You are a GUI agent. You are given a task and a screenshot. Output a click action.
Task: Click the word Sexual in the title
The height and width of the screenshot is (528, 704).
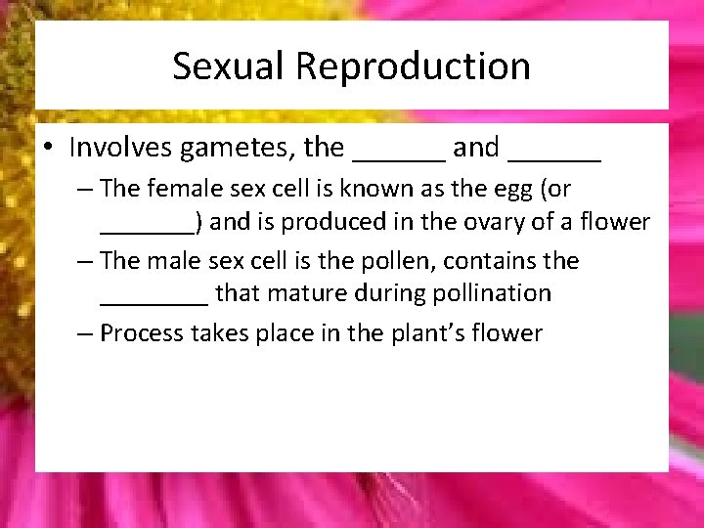click(x=229, y=66)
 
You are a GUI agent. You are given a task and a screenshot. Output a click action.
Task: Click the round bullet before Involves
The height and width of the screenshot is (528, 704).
click(x=48, y=149)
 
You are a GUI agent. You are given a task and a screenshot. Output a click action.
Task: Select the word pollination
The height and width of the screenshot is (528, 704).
click(x=497, y=293)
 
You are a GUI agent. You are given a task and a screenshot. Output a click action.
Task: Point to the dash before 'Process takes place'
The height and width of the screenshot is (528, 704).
click(x=86, y=333)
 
